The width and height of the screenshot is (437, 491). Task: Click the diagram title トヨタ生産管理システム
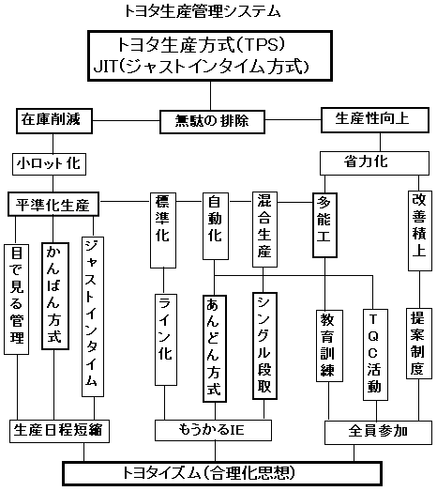click(203, 11)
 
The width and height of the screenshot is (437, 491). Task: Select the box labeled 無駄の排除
click(212, 122)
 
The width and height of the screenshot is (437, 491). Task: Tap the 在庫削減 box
click(54, 121)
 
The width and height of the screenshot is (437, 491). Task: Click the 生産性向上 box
click(375, 120)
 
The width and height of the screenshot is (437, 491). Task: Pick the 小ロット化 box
click(49, 163)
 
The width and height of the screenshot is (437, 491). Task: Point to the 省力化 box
click(374, 163)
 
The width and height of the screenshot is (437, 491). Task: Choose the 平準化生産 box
click(53, 204)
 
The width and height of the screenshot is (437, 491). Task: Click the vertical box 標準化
click(163, 230)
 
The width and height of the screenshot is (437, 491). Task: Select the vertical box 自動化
click(215, 226)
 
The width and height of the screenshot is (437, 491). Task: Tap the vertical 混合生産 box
click(264, 229)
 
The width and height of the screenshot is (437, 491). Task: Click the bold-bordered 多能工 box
click(324, 225)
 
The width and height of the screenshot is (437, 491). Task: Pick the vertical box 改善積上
click(420, 231)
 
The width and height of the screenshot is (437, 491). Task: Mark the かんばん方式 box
click(55, 296)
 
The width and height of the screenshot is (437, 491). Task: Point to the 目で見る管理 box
click(16, 299)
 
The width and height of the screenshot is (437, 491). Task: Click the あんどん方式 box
click(215, 348)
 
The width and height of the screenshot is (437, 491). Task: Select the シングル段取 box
click(264, 346)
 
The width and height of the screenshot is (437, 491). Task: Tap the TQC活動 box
click(375, 355)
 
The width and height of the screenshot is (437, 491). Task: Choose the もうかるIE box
click(213, 430)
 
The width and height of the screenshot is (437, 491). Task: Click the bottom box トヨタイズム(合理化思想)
click(222, 473)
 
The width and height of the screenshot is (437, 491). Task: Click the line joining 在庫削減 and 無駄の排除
click(126, 121)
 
